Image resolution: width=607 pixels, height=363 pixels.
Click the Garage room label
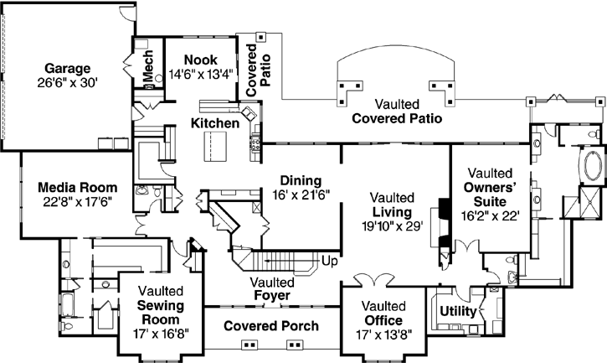click(69, 68)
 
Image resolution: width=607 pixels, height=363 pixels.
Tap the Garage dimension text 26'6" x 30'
click(69, 82)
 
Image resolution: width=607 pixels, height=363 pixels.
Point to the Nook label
click(202, 60)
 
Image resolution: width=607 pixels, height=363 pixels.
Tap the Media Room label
click(77, 186)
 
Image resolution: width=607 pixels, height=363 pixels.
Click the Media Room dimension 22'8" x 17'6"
click(75, 201)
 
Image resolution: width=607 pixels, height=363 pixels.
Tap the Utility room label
click(458, 311)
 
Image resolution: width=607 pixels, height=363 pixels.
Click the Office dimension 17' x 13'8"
click(384, 334)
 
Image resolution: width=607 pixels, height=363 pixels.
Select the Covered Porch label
click(271, 325)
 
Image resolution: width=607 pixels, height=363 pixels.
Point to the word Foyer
click(271, 296)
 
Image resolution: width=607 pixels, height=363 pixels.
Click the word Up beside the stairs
click(330, 261)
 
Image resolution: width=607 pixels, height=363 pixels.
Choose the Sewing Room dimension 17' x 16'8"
click(162, 333)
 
